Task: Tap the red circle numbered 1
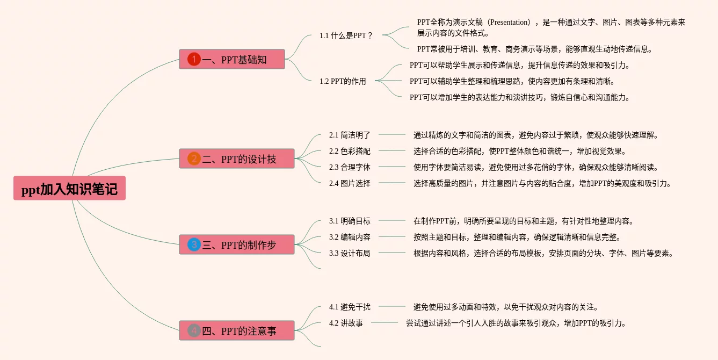(194, 59)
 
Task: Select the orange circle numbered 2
(194, 159)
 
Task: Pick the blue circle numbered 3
(194, 244)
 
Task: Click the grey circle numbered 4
(194, 330)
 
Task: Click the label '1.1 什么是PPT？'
(346, 35)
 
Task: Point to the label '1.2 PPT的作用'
(343, 81)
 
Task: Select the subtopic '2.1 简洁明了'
(350, 135)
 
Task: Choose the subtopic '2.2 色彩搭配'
(350, 151)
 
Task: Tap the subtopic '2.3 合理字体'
(350, 167)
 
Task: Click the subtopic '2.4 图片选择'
(350, 183)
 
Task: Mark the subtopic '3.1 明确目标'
(350, 221)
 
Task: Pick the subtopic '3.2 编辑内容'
(350, 237)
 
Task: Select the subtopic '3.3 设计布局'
(350, 253)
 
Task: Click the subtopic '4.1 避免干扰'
(350, 307)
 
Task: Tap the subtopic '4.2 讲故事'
(346, 323)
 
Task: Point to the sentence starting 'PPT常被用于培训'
(535, 49)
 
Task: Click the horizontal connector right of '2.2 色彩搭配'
(392, 151)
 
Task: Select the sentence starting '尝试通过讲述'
(516, 323)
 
